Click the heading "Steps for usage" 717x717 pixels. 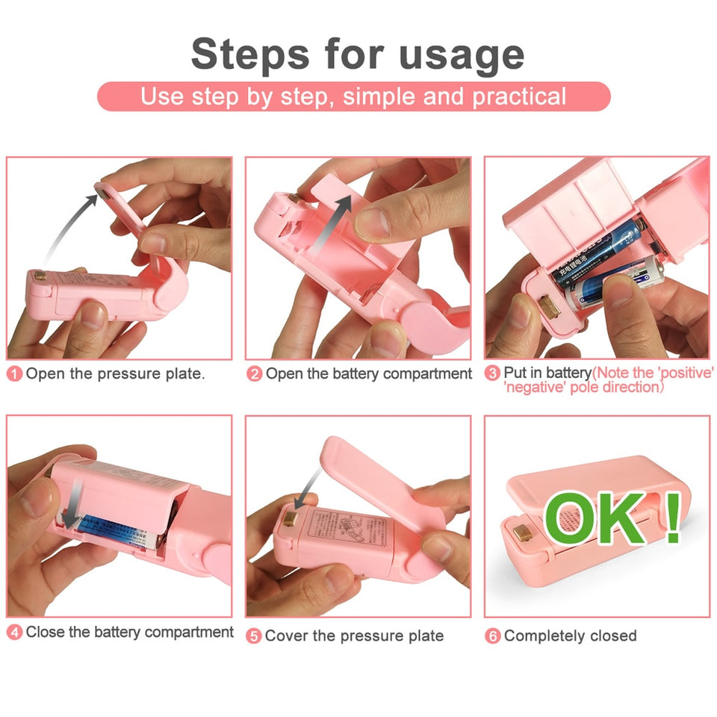click(357, 54)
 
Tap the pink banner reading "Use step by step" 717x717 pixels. click(353, 96)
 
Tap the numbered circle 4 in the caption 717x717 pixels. click(15, 633)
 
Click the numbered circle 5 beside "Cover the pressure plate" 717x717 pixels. click(254, 636)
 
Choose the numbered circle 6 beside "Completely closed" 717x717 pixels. click(493, 636)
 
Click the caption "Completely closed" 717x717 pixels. click(570, 636)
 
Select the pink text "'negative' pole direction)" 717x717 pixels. click(583, 388)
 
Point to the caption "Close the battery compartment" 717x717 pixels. click(129, 633)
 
